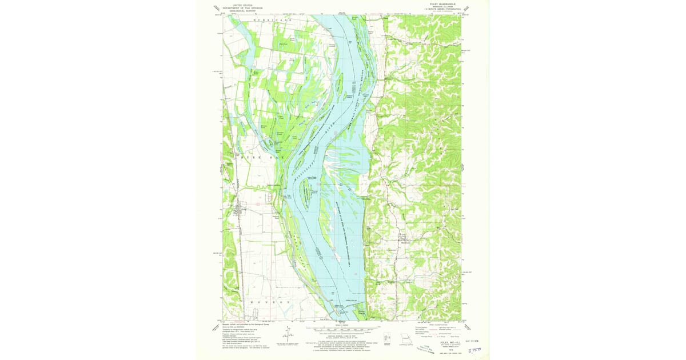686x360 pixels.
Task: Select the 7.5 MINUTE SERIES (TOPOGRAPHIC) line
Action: click(x=441, y=10)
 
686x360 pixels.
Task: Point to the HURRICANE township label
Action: click(x=272, y=20)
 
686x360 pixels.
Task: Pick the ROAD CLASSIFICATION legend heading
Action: click(x=438, y=324)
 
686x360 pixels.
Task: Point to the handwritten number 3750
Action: click(x=475, y=354)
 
